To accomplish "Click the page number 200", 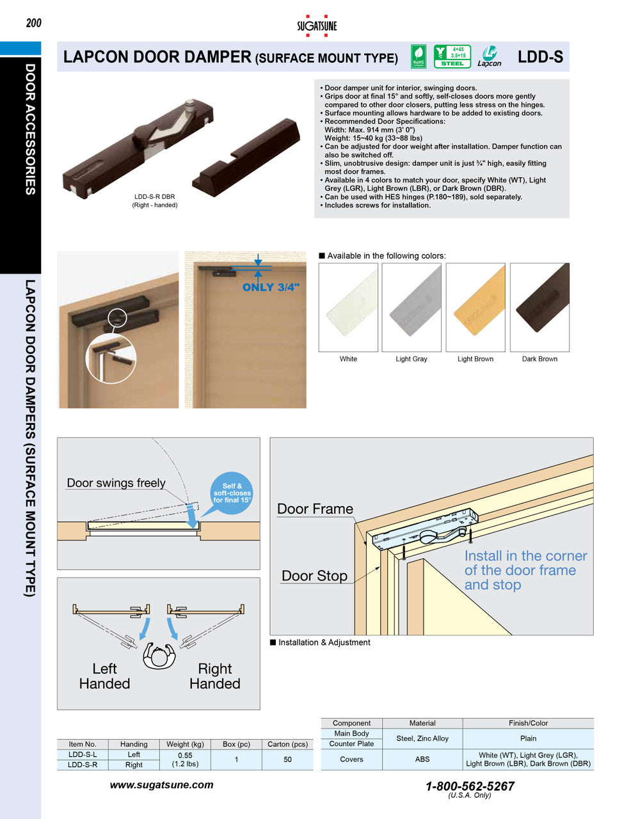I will [x=34, y=23].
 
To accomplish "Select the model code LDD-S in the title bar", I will [x=540, y=57].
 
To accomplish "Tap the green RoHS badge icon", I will [x=418, y=56].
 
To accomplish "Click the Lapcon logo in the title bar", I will [x=490, y=56].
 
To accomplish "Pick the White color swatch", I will [x=348, y=307].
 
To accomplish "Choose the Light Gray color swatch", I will [x=411, y=307].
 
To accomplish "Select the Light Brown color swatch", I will [x=475, y=307].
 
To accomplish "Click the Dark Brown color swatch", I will [x=539, y=307].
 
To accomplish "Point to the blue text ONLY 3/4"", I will [x=271, y=287].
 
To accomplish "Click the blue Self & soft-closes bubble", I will [x=232, y=493].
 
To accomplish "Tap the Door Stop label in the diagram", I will [x=314, y=576].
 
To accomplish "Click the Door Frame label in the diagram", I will [x=315, y=509].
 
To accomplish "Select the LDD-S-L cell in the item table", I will [x=83, y=754].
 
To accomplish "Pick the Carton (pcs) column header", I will [x=287, y=744].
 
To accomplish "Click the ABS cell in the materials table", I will [x=422, y=759].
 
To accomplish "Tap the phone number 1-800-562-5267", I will [x=470, y=786].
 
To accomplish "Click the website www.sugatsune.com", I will [x=161, y=785].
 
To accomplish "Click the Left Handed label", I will [x=104, y=676].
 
